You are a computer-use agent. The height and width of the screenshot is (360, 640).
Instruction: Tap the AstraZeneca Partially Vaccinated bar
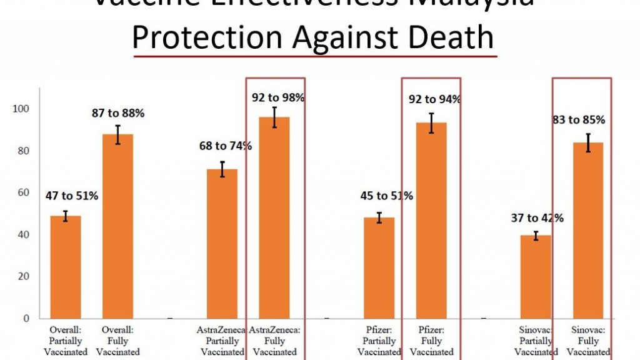[222, 244]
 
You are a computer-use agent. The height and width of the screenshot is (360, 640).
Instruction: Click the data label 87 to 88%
[118, 114]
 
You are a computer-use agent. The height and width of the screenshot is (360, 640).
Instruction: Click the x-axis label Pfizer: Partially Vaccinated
[379, 341]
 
